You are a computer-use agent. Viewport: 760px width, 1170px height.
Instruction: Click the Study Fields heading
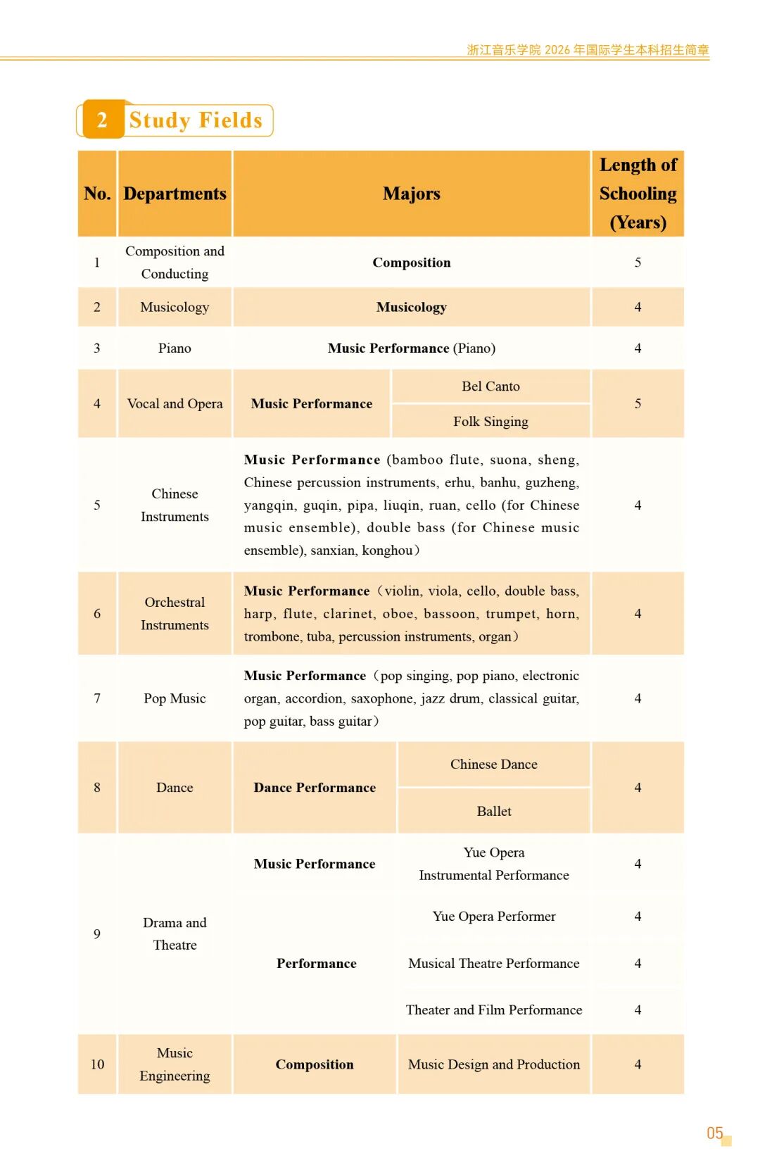[196, 120]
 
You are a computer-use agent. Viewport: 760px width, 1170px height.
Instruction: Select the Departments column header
[175, 194]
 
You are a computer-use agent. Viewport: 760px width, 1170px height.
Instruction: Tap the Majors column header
[412, 194]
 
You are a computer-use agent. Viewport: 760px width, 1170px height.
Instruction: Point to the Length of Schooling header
[638, 194]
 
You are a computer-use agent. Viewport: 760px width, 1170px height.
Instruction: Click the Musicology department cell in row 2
[175, 307]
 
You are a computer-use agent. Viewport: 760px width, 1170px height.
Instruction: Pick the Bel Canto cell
[490, 386]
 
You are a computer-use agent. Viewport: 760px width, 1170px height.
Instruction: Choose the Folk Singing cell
[490, 422]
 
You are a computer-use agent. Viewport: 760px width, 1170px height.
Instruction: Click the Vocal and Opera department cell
[175, 403]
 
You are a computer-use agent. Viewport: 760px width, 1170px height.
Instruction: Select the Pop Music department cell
[175, 698]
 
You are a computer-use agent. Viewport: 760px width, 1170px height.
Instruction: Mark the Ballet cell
[494, 811]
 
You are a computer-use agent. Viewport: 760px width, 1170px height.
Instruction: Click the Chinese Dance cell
[494, 765]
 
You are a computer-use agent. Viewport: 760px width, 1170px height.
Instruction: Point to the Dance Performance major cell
[315, 788]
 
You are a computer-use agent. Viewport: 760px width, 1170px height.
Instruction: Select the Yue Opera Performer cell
[494, 917]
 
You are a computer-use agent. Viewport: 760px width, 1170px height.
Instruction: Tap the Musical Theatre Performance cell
[494, 964]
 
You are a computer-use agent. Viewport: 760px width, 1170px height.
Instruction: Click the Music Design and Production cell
[494, 1064]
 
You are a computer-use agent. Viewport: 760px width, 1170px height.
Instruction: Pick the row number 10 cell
[97, 1064]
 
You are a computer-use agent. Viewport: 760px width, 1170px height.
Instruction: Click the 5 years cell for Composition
[638, 263]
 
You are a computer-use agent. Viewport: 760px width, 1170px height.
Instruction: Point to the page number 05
[715, 1133]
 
